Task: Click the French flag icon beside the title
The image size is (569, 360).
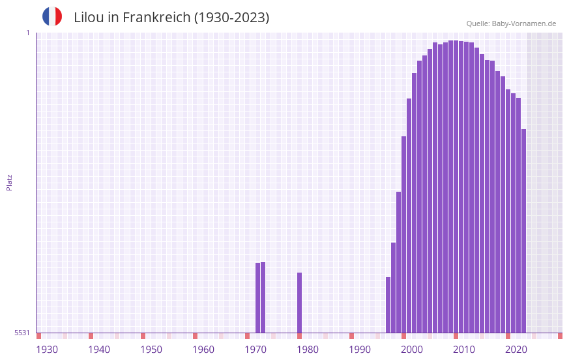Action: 52,16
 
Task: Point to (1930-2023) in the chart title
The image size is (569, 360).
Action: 231,18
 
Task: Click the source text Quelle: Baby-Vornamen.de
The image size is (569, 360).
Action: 511,23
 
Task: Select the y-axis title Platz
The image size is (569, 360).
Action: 9,182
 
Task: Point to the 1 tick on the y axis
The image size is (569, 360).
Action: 27,33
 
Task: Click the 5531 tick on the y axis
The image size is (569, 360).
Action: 22,333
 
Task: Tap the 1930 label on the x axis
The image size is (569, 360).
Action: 47,350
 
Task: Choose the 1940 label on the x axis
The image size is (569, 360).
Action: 99,350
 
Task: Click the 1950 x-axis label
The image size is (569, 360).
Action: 151,350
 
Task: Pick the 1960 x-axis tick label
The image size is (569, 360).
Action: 203,350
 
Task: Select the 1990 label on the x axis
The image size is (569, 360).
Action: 360,350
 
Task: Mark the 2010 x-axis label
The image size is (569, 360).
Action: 464,350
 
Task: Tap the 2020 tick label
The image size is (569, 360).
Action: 516,350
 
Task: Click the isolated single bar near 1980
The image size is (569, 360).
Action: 300,303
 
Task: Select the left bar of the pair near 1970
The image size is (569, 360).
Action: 257,297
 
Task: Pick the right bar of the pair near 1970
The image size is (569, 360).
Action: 263,297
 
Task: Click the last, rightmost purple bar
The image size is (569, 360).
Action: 523,231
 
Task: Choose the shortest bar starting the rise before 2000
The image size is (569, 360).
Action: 388,305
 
